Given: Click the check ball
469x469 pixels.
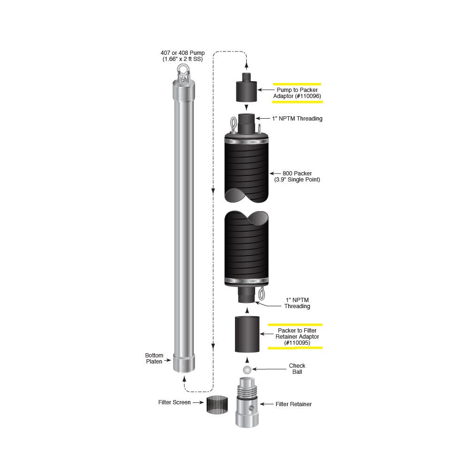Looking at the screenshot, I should (x=247, y=370).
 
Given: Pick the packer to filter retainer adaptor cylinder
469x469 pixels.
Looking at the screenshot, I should (x=247, y=334).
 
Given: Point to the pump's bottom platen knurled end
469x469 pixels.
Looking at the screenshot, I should (x=183, y=363).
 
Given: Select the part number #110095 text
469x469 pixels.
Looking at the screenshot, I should (x=297, y=343).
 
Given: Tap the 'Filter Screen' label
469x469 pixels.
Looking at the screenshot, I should (x=174, y=402).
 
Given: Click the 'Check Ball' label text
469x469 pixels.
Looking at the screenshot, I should (x=297, y=369).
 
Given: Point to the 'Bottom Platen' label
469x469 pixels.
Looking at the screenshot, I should (x=154, y=358).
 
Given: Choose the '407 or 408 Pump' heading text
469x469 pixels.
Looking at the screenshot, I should (x=182, y=53).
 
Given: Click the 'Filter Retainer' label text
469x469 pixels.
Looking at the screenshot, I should (x=294, y=404).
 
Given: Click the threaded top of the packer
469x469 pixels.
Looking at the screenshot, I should (x=247, y=123).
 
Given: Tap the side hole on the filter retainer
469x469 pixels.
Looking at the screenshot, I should (x=252, y=408).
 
